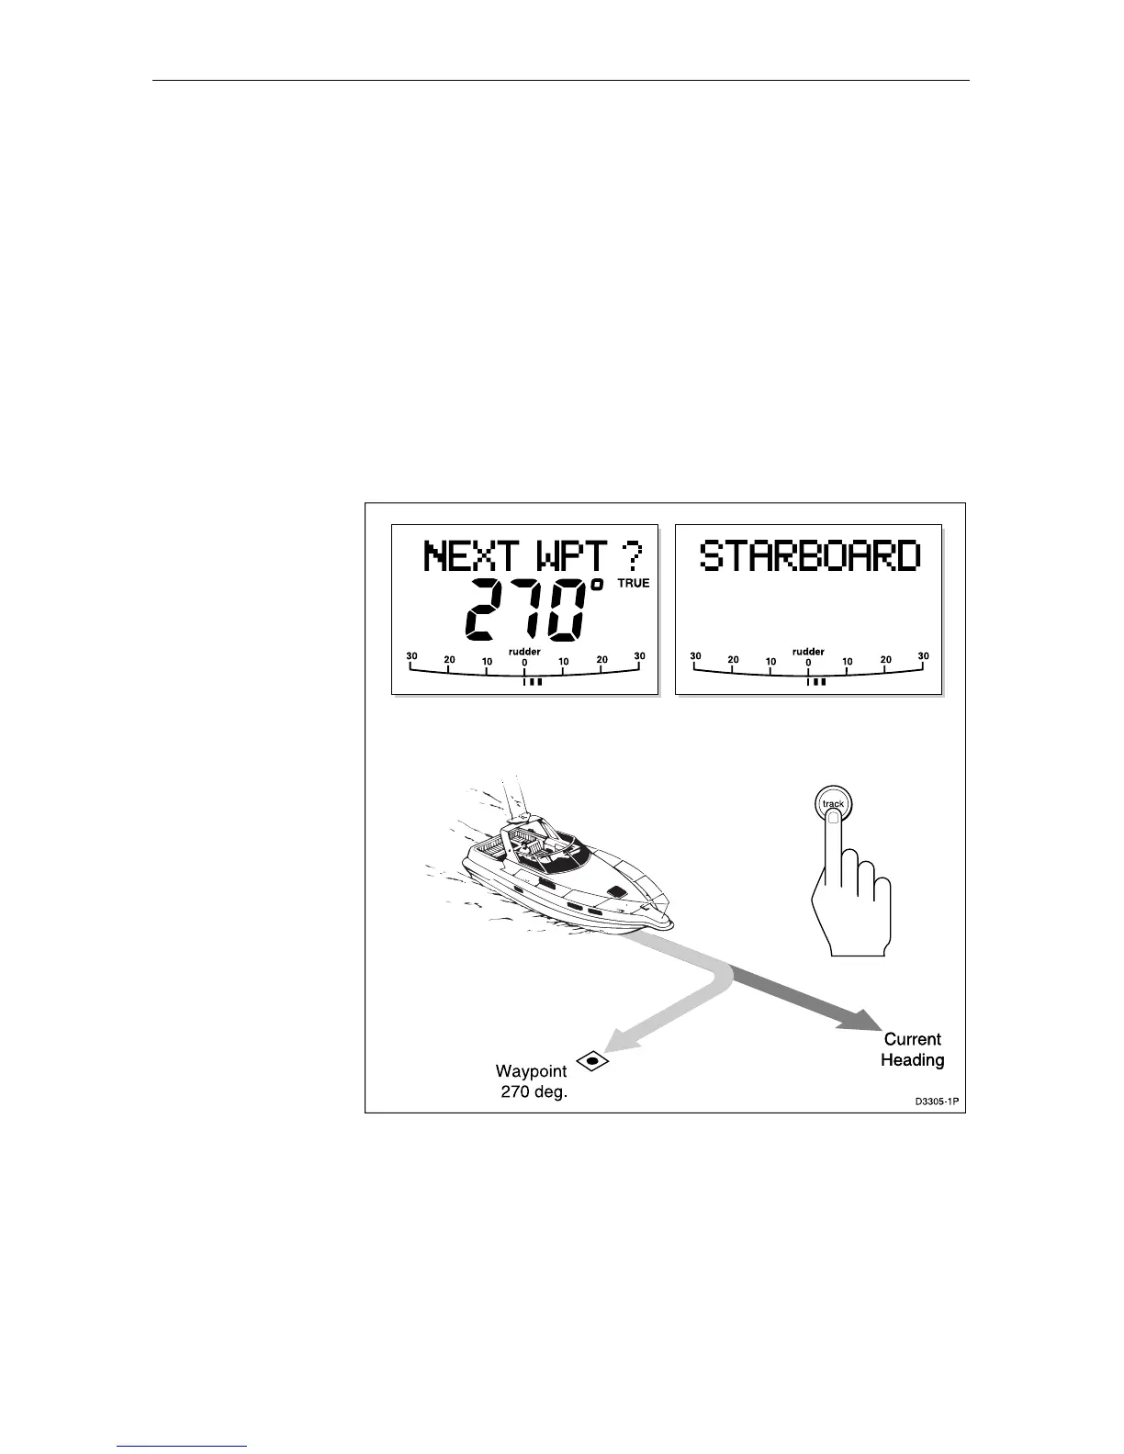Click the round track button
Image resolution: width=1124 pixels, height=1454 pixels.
pos(833,804)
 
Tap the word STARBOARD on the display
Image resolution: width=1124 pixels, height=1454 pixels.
pos(809,557)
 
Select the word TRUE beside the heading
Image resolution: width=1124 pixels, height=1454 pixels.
pos(633,584)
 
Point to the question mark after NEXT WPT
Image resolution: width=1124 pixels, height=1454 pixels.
pos(632,556)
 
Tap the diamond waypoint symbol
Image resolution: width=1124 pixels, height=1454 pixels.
pos(592,1060)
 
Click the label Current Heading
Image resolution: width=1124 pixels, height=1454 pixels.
pos(912,1050)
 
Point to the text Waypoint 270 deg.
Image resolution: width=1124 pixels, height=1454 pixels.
pos(531,1081)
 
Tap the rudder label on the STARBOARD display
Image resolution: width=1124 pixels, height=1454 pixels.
pos(808,652)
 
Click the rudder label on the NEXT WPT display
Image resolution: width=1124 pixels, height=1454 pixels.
pos(524,652)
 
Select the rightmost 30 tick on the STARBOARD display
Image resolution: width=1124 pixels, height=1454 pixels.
pos(923,657)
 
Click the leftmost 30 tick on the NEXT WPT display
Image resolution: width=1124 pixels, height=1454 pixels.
pos(412,657)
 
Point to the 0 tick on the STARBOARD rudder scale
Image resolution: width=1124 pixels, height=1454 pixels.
pos(808,664)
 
